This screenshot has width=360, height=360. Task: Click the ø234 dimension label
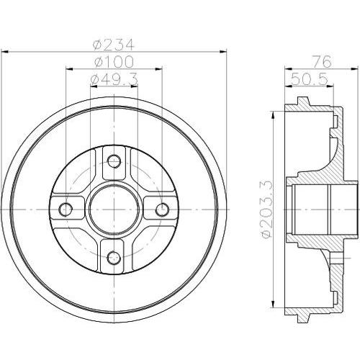coord(113,45)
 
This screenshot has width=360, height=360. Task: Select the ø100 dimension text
coord(114,62)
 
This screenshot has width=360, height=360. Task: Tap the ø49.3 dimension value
coord(114,79)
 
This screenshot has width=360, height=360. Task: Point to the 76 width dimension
coord(323,62)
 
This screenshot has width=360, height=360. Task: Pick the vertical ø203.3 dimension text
coord(266,210)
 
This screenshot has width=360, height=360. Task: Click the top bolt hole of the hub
coord(114,161)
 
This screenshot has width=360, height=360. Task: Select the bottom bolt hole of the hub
coord(114,258)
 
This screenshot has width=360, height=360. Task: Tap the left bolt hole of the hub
coord(66,210)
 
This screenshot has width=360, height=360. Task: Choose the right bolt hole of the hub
coord(162,210)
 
